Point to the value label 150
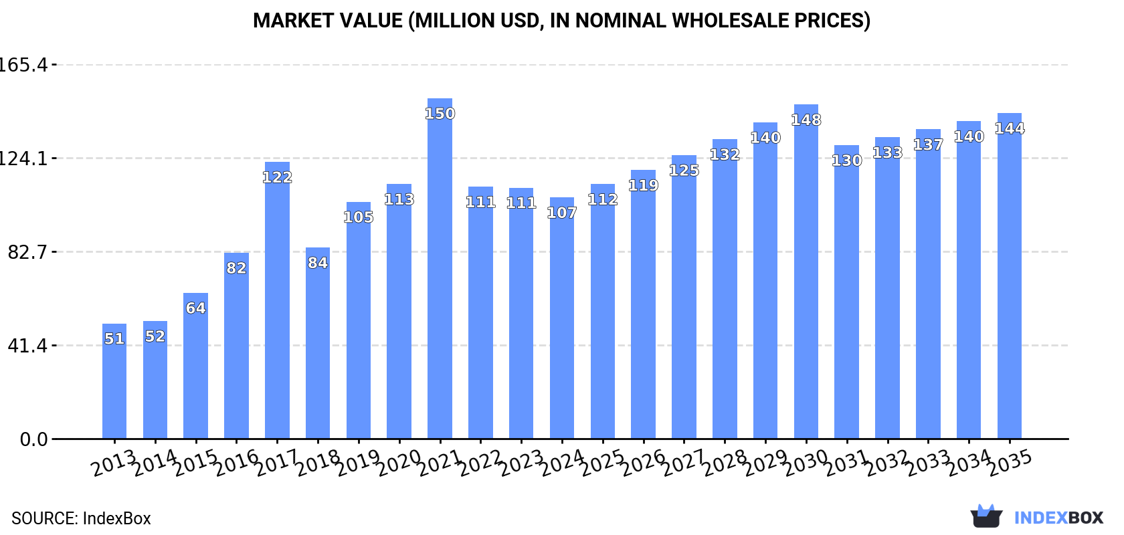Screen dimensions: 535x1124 pos(440,114)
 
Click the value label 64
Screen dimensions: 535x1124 pos(195,308)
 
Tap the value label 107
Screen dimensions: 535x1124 pos(561,213)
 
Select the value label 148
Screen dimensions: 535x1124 pos(806,120)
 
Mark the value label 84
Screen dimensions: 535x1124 pos(318,263)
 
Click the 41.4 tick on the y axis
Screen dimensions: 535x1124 pos(27,346)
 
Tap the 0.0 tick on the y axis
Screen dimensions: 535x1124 pos(33,439)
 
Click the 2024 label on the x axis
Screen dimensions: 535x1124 pos(561,463)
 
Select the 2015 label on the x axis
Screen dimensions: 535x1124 pos(195,463)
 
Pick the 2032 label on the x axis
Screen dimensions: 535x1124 pos(887,463)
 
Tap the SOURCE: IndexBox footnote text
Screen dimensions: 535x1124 pos(81,518)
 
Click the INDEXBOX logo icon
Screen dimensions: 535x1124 pos(986,516)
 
